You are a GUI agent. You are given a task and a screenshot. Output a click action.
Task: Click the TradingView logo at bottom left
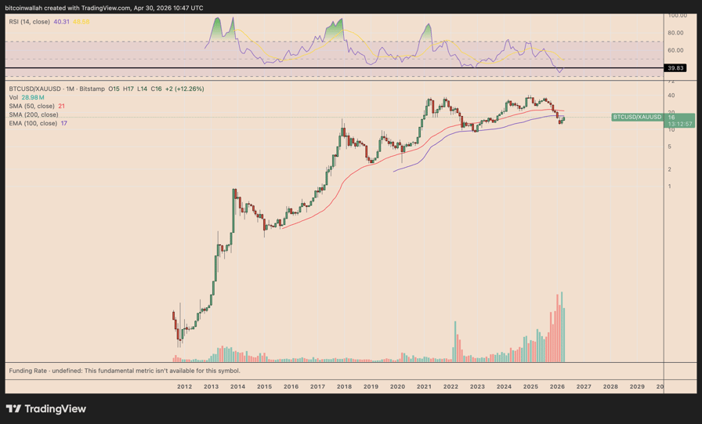[45, 408]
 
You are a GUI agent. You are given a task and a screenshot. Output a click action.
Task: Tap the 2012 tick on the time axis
[184, 386]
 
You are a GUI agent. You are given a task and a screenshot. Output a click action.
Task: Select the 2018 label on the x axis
[344, 386]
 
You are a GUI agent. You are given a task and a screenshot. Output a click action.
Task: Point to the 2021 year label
[424, 386]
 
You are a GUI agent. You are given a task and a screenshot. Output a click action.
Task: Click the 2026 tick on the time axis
[557, 386]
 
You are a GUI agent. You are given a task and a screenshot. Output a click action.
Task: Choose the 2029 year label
[637, 386]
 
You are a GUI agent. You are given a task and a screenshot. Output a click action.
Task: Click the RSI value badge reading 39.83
[675, 68]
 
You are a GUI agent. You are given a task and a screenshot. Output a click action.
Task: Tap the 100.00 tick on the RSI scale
[677, 16]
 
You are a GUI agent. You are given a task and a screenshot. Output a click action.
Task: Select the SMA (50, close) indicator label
[31, 106]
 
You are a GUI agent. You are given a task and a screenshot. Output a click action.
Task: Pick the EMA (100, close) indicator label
[33, 123]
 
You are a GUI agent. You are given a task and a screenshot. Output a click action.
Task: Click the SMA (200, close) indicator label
[33, 114]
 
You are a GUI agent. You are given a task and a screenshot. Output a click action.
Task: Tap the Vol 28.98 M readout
[27, 97]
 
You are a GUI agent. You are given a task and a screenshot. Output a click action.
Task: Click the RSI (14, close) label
[29, 22]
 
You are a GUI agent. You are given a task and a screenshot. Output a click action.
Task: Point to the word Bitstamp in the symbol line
[92, 89]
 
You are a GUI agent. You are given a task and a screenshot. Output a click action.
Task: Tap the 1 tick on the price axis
[670, 187]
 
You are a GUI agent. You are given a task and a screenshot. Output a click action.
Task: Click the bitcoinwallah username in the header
[24, 8]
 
